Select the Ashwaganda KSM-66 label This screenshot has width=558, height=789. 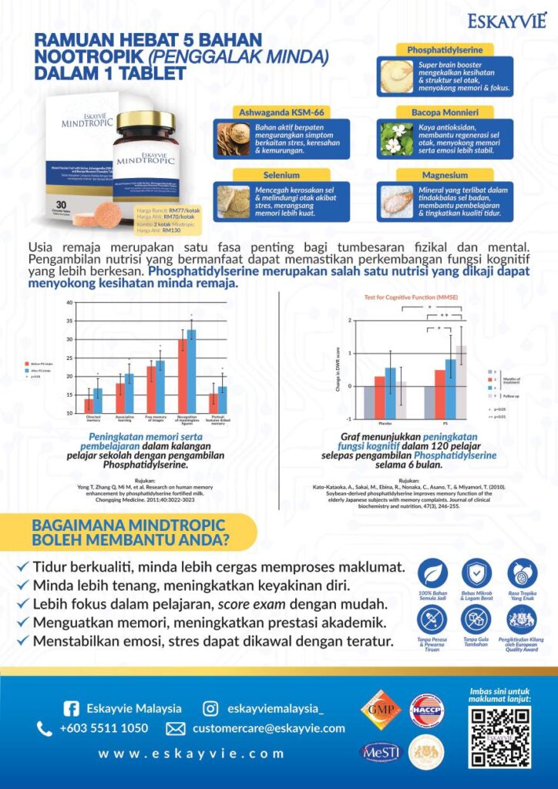pos(281,112)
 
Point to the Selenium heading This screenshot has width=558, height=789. pos(281,176)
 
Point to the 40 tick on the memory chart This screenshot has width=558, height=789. pos(69,303)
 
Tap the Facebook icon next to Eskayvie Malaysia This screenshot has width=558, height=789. pos(71,708)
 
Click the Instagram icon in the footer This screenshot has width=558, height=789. pos(210,708)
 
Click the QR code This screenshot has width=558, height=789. pos(499,736)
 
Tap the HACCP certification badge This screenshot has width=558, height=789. pos(426,710)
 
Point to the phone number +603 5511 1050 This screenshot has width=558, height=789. pos(104,728)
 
